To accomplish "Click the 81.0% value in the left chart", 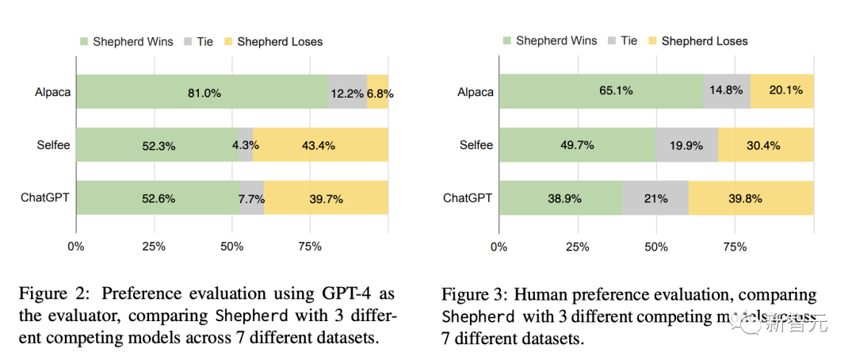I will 204,93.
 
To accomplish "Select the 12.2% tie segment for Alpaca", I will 347,93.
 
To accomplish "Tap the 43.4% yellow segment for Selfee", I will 320,145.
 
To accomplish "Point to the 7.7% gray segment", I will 252,198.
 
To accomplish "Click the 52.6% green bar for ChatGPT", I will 157,198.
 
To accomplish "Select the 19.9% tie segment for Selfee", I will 687,144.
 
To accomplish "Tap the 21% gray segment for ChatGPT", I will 655,197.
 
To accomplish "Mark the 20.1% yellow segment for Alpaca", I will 781,91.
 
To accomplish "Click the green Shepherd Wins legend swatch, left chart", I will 83,41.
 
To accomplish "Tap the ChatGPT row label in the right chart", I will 468,197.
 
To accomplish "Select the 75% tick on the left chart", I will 310,247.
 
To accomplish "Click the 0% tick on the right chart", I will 499,247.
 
